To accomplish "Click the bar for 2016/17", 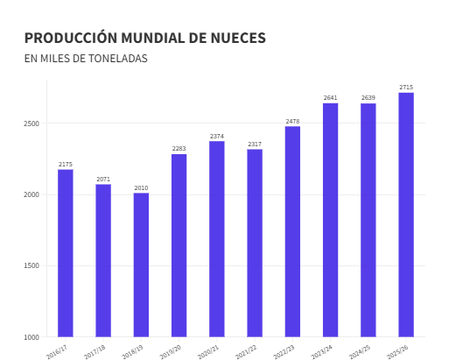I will tap(66, 253).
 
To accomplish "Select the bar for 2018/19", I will tap(141, 265).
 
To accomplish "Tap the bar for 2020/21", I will tap(216, 239).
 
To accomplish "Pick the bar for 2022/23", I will tap(292, 231).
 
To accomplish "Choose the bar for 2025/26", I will tap(406, 215).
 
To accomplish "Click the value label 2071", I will tap(103, 179).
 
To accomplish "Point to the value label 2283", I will tap(179, 148).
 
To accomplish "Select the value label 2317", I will tap(255, 144).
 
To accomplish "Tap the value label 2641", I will tap(330, 97).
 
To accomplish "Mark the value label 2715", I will tap(406, 87).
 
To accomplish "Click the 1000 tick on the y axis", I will tap(32, 337).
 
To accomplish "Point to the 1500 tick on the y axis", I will tap(32, 266).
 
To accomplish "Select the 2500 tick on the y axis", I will tap(32, 124).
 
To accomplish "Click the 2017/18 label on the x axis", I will tap(95, 352).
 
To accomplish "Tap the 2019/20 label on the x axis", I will tap(171, 352).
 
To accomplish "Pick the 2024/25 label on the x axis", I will tap(360, 352).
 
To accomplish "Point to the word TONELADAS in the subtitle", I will tap(117, 59).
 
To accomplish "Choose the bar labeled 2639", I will tap(368, 220).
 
